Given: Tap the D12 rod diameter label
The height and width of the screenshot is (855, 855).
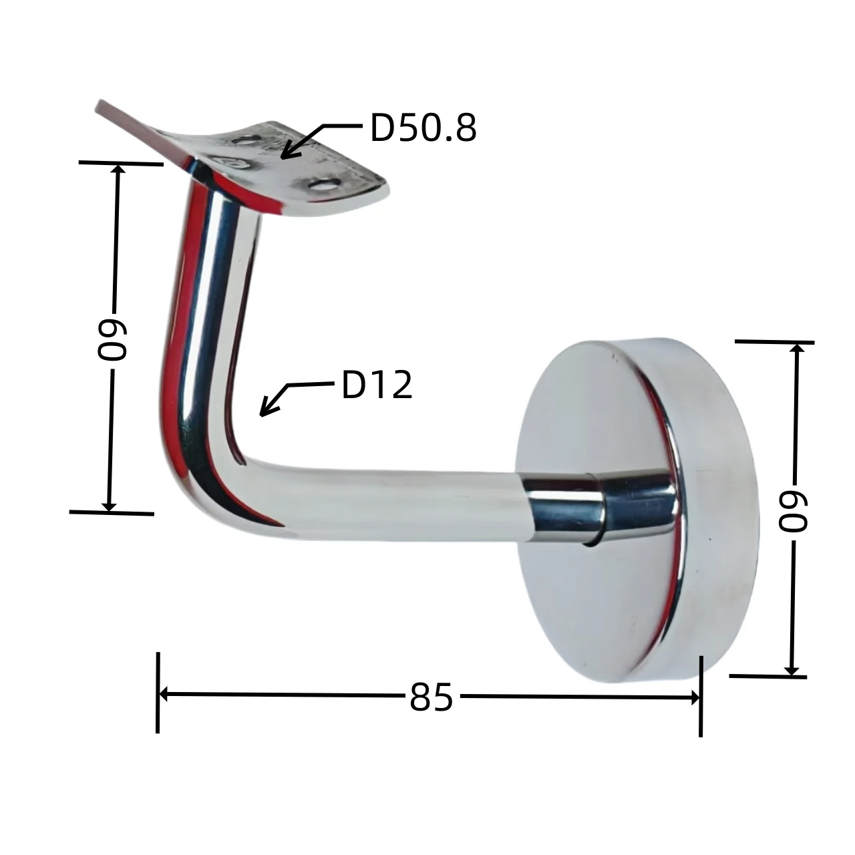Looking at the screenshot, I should point(377,385).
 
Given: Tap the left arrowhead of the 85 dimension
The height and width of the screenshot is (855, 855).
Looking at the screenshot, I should point(164,695).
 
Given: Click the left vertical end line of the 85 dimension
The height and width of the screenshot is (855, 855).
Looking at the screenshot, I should point(158,692).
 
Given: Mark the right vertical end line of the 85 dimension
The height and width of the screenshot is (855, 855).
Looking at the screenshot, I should point(701,696).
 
